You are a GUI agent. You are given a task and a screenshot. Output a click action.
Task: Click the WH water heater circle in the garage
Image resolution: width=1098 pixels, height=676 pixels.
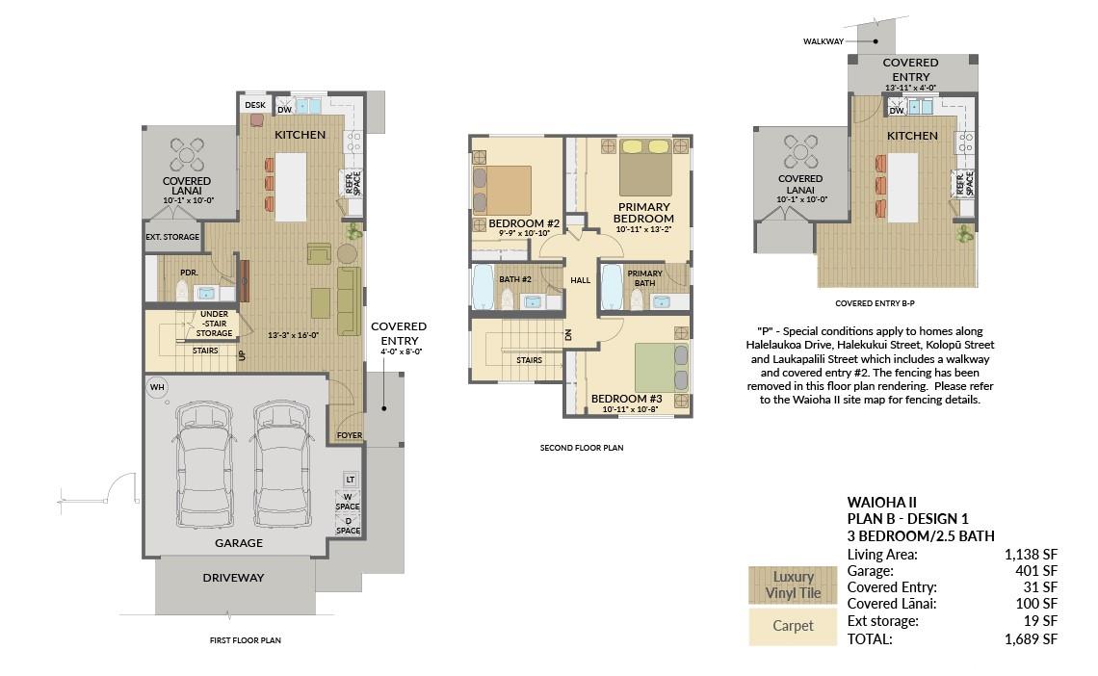[158, 387]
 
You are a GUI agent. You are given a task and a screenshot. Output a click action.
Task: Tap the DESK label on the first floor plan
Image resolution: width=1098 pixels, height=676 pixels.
[255, 105]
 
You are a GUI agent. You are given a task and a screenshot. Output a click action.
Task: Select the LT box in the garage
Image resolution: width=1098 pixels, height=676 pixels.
[351, 480]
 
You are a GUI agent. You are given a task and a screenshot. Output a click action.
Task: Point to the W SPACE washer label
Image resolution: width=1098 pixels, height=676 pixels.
[348, 501]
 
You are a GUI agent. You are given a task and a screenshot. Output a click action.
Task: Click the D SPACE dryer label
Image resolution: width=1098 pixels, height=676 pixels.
[348, 526]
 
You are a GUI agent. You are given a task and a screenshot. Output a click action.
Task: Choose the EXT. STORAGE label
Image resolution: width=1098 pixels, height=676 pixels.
[172, 237]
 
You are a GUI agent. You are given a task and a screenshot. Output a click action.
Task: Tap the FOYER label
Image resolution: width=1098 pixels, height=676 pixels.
[350, 435]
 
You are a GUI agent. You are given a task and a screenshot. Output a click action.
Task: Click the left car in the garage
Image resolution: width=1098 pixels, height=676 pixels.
[203, 464]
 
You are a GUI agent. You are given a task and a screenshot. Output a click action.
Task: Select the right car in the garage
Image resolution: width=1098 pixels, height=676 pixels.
[283, 464]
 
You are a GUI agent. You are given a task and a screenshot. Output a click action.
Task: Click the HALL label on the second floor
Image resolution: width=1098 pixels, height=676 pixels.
[580, 280]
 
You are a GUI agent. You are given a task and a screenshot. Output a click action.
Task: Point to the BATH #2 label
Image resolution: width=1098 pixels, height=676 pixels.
[514, 279]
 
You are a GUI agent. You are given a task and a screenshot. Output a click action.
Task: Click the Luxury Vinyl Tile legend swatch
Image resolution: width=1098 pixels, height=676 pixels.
[793, 585]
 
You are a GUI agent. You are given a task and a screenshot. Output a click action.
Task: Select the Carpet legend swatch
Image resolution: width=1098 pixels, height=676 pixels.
[793, 626]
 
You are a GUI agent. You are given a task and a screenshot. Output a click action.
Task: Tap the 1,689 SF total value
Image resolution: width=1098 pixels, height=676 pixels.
[1031, 638]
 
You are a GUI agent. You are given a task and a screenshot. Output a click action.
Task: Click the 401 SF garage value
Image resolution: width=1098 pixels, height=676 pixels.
[1035, 571]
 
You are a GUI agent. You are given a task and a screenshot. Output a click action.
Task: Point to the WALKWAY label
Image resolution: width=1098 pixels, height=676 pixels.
[823, 41]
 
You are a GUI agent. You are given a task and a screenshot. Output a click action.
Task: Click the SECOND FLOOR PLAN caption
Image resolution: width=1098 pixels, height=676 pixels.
[581, 448]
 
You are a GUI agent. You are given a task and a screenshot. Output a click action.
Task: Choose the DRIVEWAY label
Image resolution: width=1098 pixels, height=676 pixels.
[233, 578]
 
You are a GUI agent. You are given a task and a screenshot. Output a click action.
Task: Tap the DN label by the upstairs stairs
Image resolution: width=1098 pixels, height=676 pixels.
[568, 334]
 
